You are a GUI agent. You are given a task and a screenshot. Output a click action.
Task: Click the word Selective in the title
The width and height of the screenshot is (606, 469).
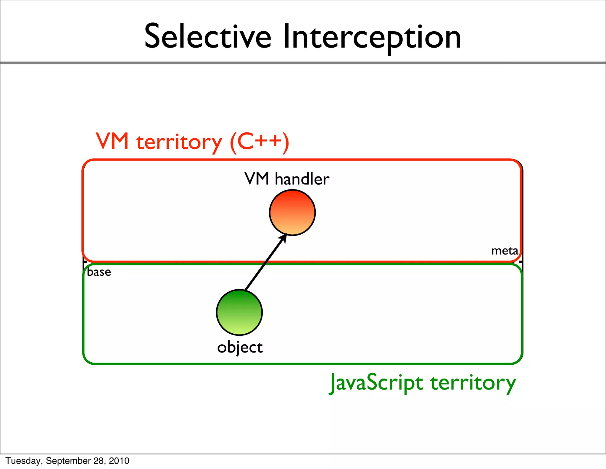(207, 37)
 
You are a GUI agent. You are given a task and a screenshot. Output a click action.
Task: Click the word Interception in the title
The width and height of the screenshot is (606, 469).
(372, 37)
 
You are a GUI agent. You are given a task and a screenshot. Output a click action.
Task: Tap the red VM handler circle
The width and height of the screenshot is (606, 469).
(292, 212)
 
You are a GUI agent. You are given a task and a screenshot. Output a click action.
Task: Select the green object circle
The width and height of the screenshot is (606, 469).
(239, 312)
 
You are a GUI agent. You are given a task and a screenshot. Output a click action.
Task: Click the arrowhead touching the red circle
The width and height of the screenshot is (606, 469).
(283, 237)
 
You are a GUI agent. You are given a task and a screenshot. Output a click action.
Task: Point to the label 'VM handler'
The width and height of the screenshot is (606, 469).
(287, 179)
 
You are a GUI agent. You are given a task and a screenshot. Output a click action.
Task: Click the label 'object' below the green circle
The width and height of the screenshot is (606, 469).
(240, 348)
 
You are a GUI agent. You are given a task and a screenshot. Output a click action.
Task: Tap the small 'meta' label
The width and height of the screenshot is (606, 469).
(505, 251)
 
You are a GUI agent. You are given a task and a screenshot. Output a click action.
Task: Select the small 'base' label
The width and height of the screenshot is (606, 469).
(99, 272)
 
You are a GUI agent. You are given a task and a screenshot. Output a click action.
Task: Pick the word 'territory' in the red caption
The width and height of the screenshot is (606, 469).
(179, 142)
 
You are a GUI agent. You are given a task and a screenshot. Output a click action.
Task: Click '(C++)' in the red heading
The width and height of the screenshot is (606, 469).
(259, 142)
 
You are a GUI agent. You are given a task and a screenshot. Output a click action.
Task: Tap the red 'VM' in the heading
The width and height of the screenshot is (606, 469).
(112, 142)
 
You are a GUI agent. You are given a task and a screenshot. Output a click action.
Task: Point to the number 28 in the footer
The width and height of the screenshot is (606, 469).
(99, 461)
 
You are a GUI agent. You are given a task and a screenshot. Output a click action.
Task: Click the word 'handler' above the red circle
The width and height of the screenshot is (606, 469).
(302, 179)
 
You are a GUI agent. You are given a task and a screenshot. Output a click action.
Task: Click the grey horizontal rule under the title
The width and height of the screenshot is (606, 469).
(303, 63)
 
